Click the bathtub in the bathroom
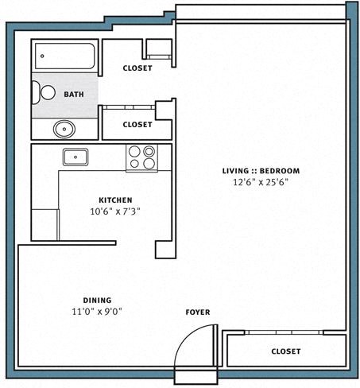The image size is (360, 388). click(x=66, y=56)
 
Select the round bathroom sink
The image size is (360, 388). click(x=64, y=128)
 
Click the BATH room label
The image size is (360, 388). click(x=74, y=95)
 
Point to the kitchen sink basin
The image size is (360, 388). click(x=75, y=157)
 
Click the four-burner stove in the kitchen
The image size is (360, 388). click(x=141, y=157)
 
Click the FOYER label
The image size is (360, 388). click(x=198, y=312)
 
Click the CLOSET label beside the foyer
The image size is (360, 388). click(x=285, y=351)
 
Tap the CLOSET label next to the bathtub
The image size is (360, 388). click(x=137, y=68)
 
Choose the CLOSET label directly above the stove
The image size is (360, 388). click(x=137, y=125)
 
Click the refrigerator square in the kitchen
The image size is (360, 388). click(x=45, y=224)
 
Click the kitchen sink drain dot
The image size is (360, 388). click(x=75, y=157)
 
